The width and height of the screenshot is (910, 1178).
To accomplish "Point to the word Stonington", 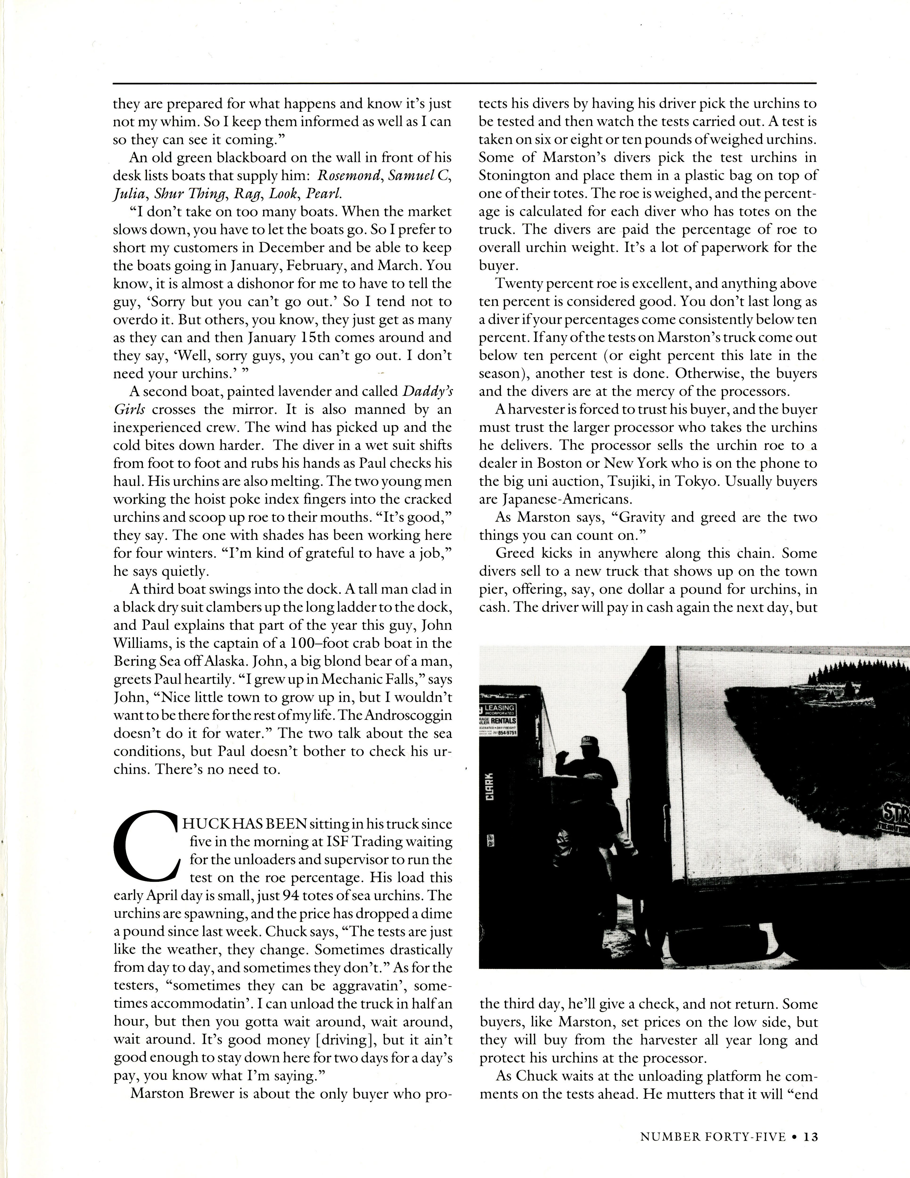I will (512, 175).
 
